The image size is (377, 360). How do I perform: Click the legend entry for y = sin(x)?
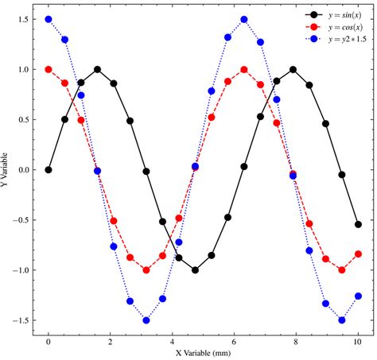pos(342,15)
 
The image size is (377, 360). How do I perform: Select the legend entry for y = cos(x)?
pos(342,27)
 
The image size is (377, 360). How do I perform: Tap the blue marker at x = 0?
pos(49,19)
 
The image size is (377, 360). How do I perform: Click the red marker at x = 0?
pos(49,69)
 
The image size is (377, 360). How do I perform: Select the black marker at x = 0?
pos(49,169)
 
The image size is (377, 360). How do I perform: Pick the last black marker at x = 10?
pos(358,224)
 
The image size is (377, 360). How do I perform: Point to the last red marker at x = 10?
pos(358,254)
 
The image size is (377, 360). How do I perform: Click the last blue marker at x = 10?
pos(358,296)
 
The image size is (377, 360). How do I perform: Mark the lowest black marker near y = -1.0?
pos(195,269)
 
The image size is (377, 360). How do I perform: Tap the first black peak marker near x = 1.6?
pos(98,69)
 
